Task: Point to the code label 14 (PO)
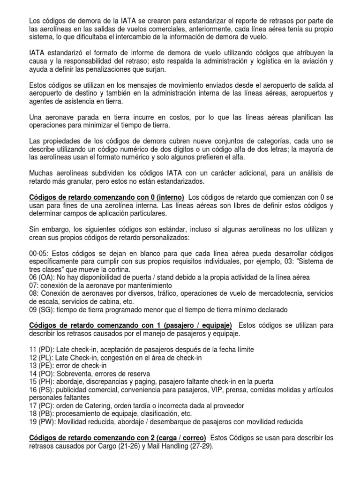click(42, 374)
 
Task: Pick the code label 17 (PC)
click(42, 405)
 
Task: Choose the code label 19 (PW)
click(43, 421)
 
